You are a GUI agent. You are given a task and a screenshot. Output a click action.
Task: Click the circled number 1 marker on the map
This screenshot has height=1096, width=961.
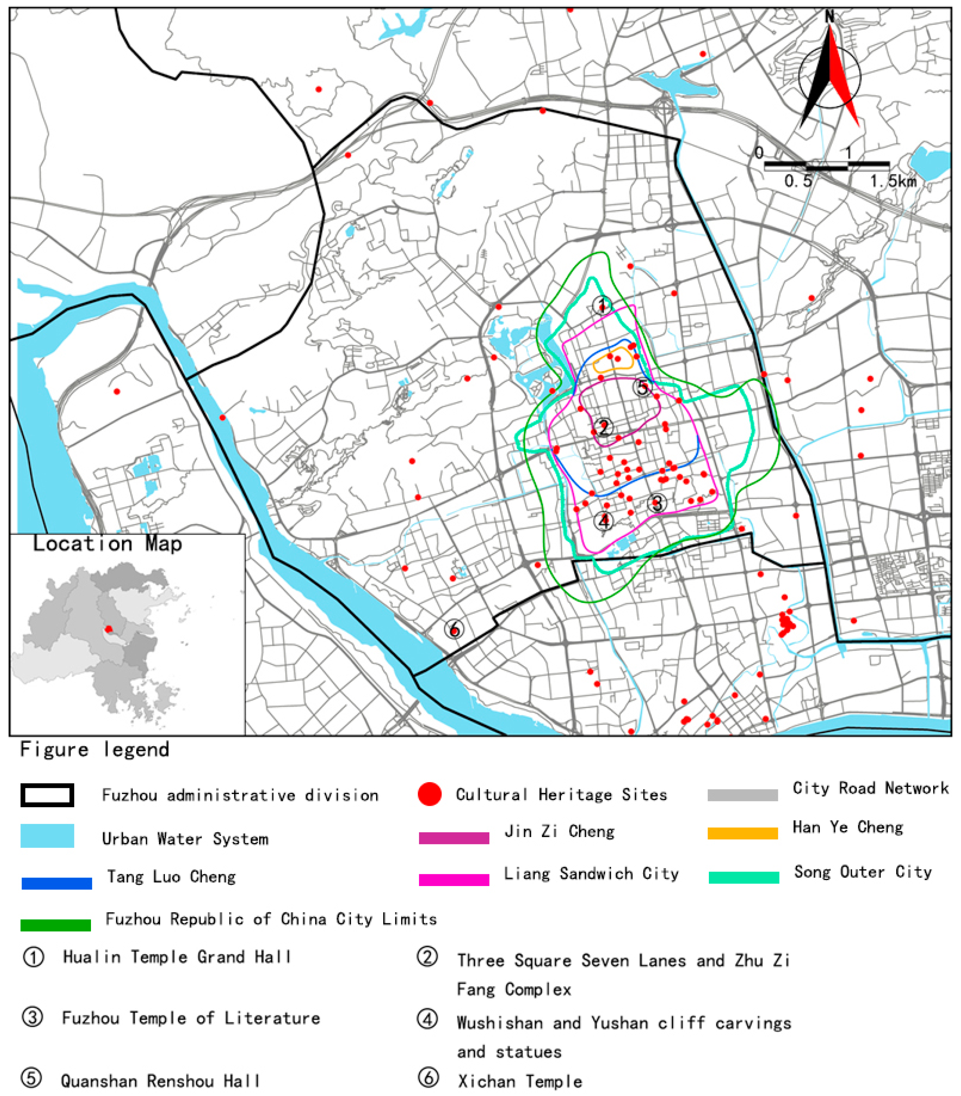coord(602,305)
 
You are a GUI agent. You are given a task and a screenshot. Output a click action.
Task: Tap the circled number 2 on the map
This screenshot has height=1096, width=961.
coord(604,427)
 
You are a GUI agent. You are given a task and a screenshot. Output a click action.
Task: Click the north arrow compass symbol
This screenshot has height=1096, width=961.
coord(829,75)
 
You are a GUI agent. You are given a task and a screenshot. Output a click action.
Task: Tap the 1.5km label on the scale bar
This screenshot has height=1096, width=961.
coord(893,181)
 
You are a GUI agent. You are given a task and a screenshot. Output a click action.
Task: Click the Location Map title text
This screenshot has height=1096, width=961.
coord(107,544)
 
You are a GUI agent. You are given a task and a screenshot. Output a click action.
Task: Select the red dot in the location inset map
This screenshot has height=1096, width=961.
coord(109,629)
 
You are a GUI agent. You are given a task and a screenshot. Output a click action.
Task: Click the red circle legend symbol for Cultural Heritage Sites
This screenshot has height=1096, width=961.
coord(429,794)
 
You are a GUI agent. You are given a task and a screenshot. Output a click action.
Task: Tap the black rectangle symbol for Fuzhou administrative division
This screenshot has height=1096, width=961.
coord(47,795)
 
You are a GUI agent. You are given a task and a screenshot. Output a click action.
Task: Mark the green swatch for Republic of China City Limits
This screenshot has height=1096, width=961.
coord(56,925)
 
